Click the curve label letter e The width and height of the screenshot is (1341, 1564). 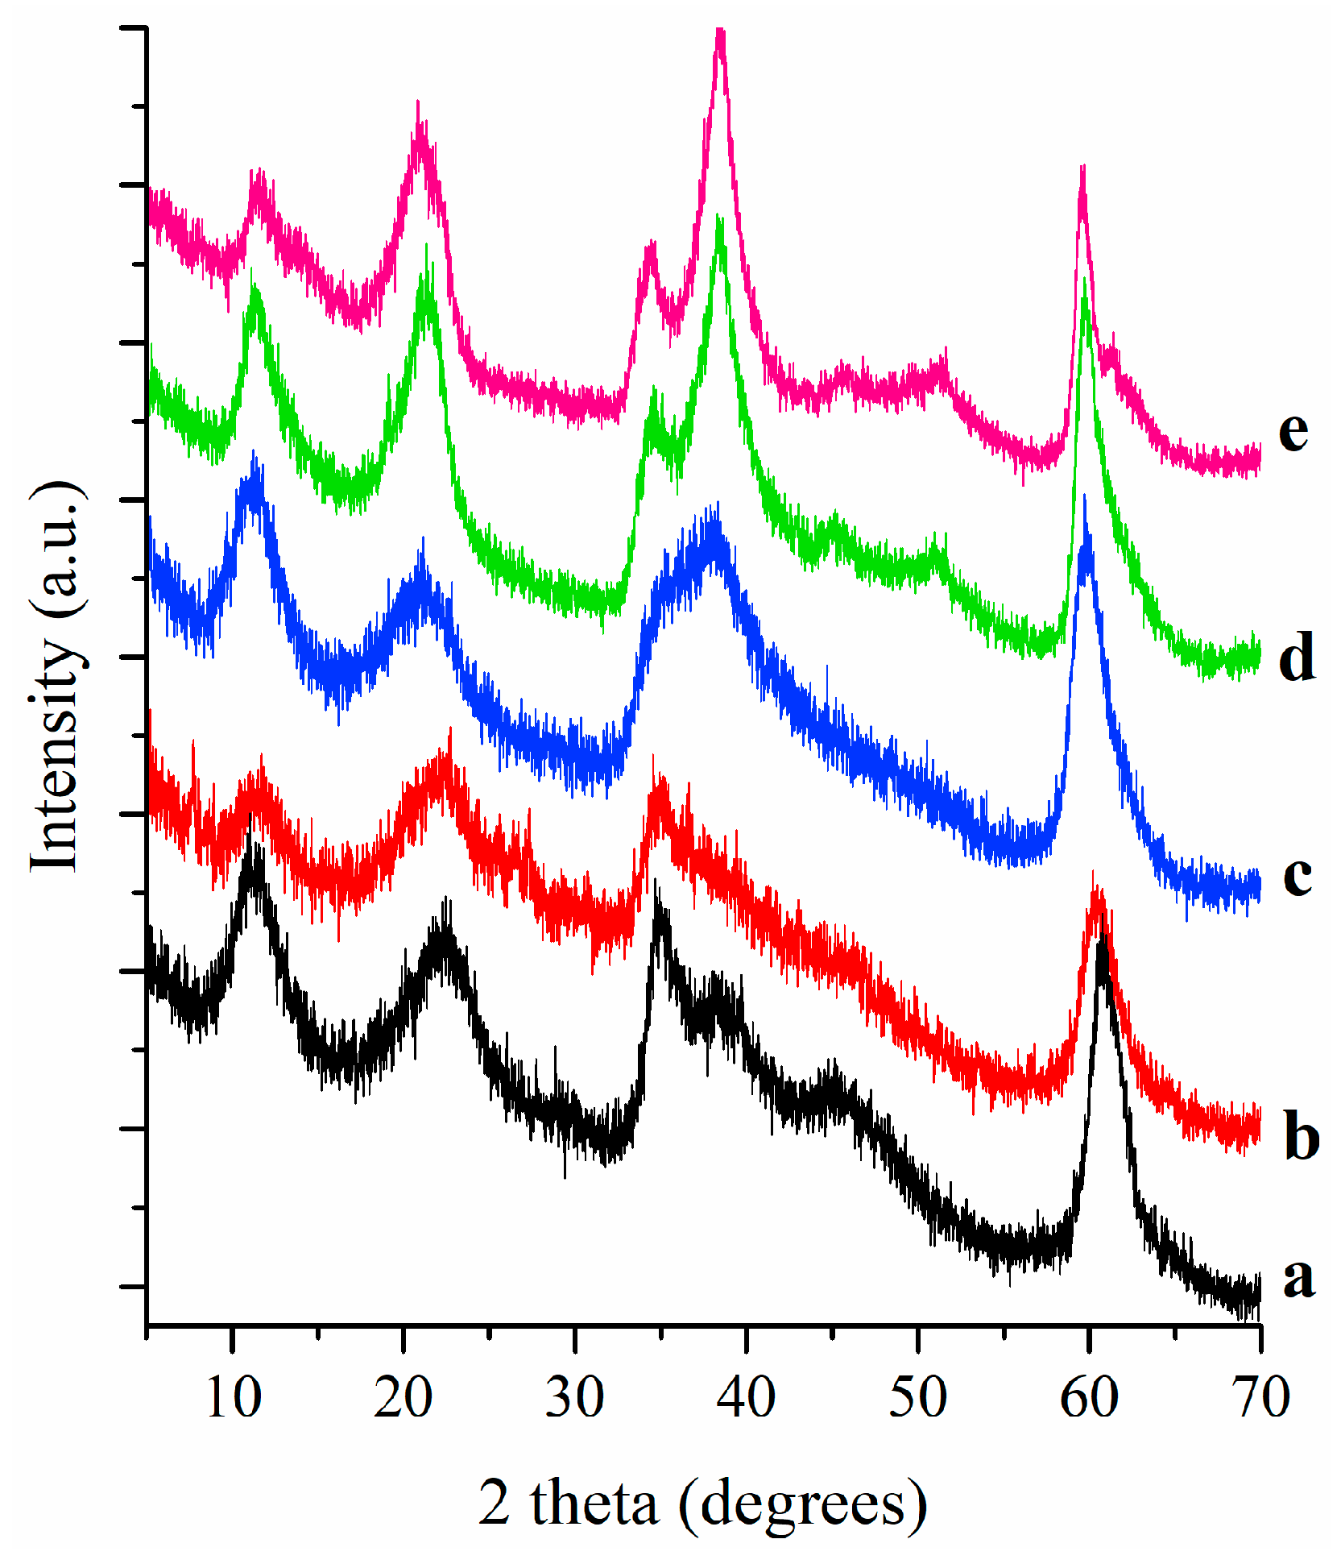click(x=1293, y=432)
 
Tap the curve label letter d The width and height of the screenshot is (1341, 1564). click(x=1297, y=656)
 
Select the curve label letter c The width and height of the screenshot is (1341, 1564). click(x=1297, y=876)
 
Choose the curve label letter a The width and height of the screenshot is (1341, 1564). click(x=1298, y=1277)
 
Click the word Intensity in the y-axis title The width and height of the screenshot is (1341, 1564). click(x=56, y=753)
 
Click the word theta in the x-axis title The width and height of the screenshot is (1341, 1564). click(x=594, y=1504)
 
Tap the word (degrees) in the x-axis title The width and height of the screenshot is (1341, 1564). click(x=802, y=1505)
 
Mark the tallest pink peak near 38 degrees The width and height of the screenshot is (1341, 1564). click(x=721, y=34)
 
